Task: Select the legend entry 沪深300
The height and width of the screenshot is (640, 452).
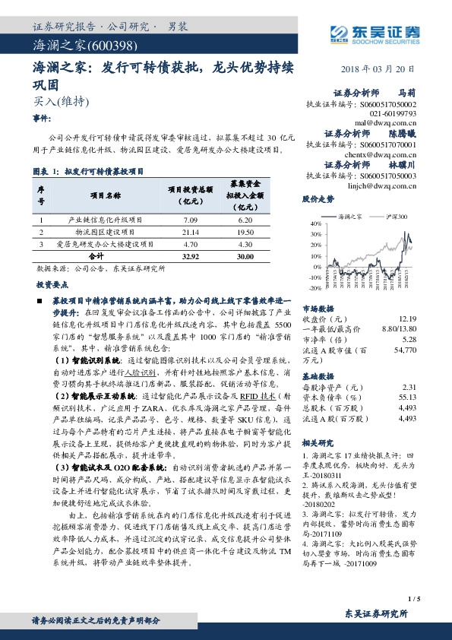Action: pos(390,217)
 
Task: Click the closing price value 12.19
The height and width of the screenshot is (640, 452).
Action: pos(407,319)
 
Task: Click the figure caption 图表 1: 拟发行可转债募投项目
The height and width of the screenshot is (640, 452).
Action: pos(89,173)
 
